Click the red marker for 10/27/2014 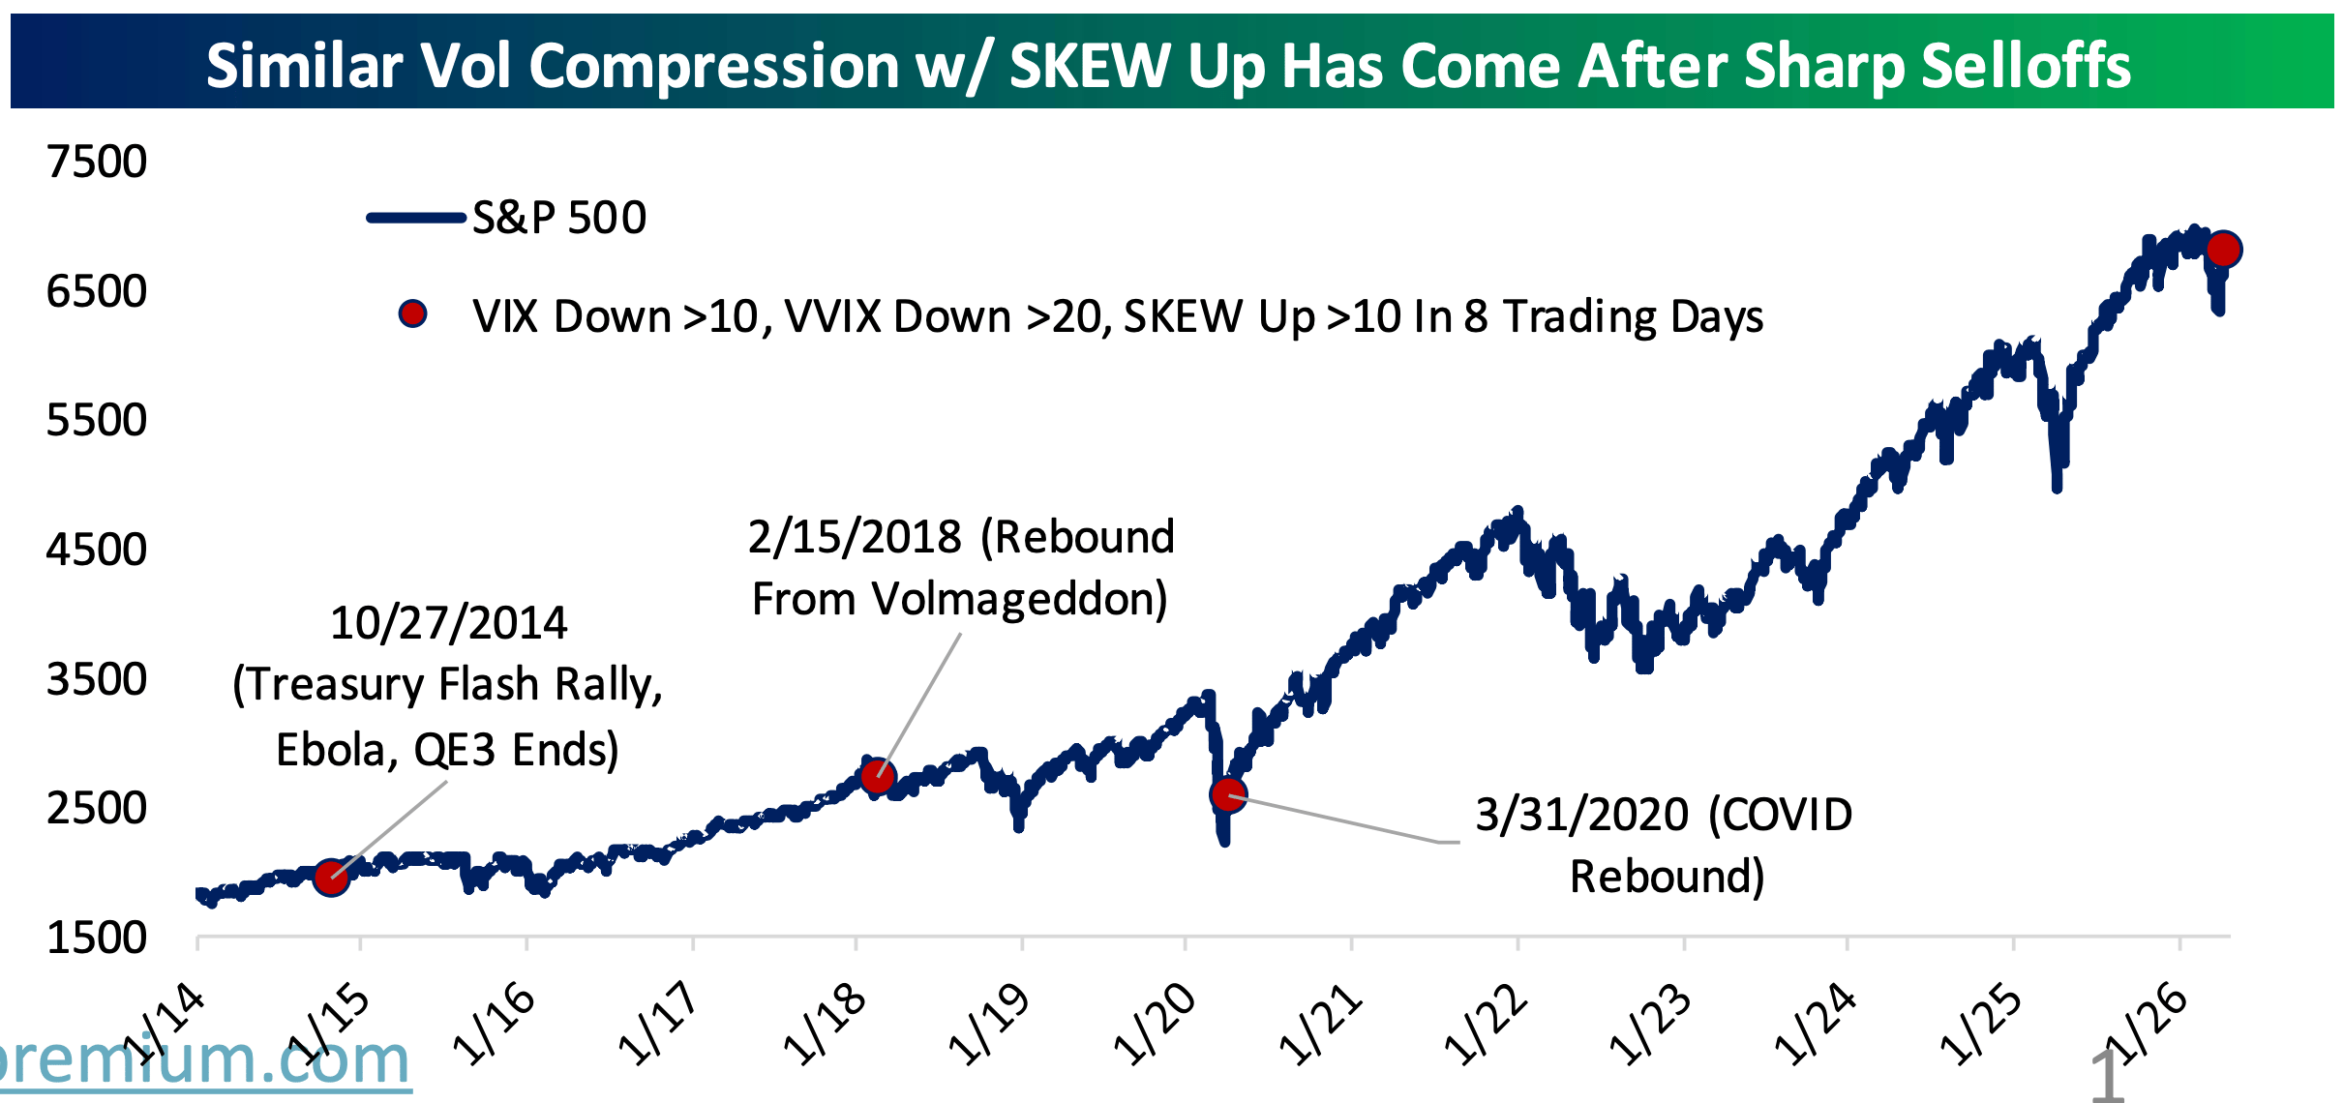[x=331, y=877]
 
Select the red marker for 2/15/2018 [x=878, y=776]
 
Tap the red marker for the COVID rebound [x=1228, y=794]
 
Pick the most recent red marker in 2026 [x=2223, y=249]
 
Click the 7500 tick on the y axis [x=97, y=162]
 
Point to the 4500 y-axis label [x=97, y=550]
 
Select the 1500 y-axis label [x=97, y=938]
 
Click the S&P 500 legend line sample [x=416, y=218]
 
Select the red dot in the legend [x=413, y=313]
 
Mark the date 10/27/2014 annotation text [x=448, y=623]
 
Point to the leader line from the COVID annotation [x=1345, y=820]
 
